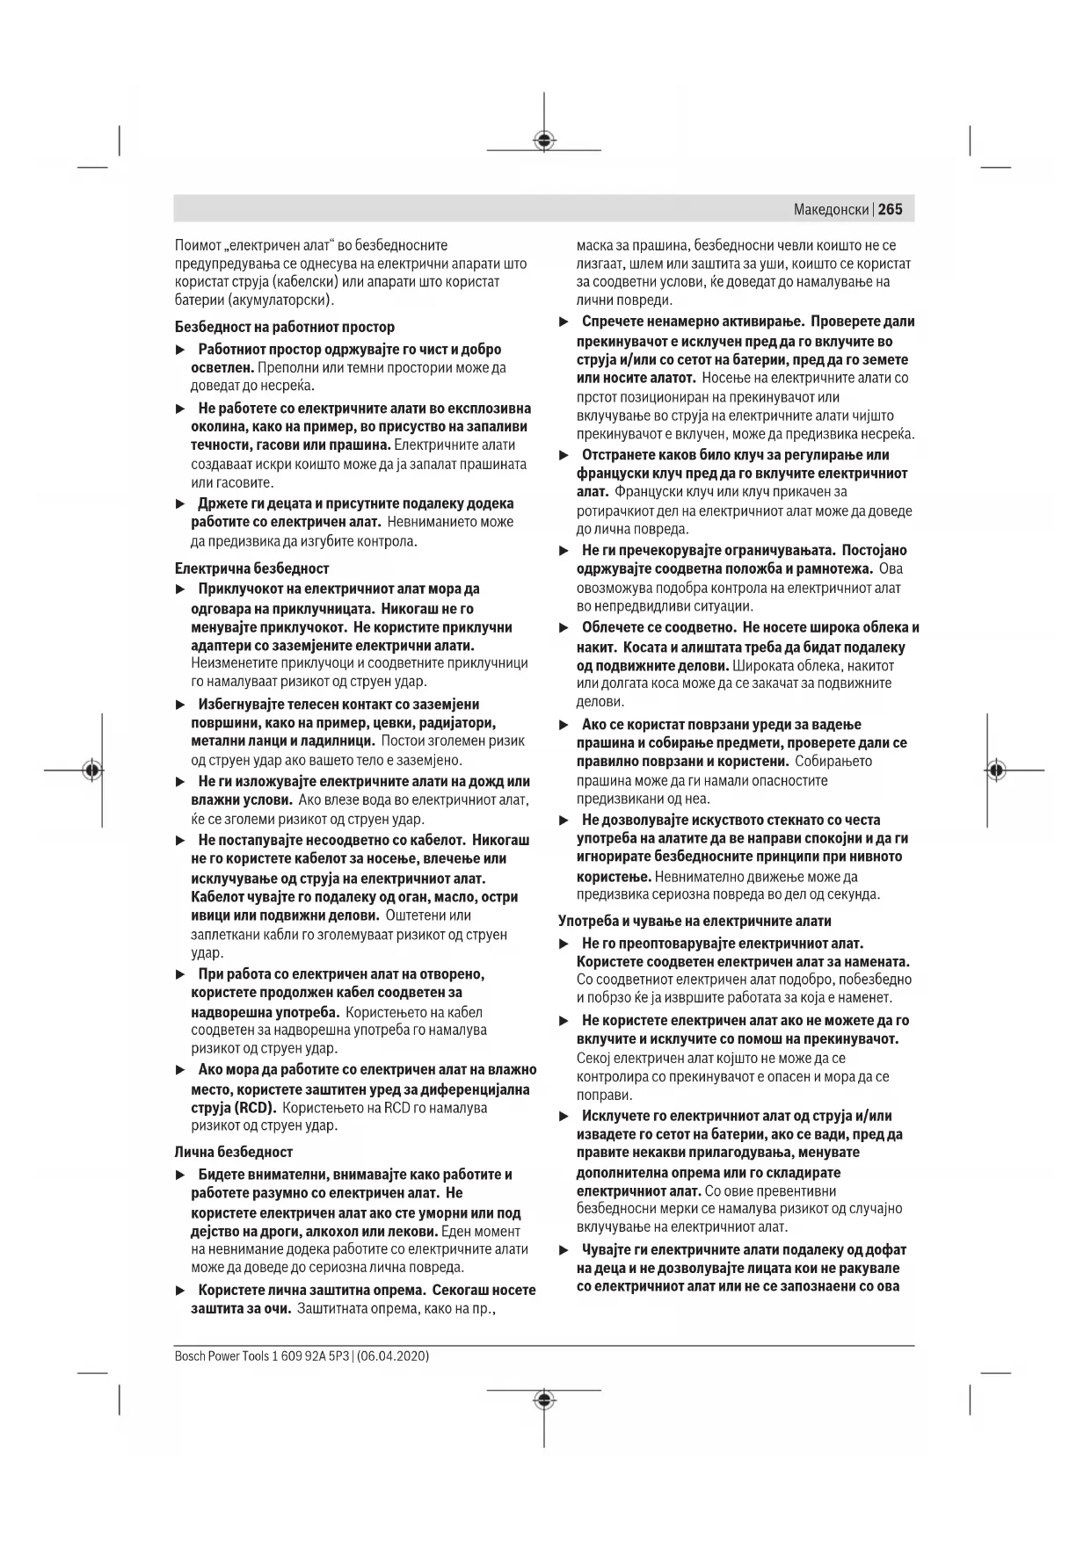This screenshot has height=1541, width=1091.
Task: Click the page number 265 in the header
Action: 890,210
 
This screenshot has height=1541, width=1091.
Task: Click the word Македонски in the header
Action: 831,210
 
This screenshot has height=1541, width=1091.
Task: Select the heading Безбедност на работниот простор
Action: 285,327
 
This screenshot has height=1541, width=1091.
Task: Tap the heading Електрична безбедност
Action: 252,568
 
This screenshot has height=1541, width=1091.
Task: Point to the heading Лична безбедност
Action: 234,1152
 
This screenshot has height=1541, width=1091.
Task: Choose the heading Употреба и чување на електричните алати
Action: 695,921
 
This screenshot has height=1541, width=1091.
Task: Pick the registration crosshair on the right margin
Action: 995,770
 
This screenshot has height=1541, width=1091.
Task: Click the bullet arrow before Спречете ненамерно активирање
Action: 565,322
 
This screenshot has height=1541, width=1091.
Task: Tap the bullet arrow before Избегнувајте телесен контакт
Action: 180,705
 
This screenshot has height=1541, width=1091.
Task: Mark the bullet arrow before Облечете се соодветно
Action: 565,628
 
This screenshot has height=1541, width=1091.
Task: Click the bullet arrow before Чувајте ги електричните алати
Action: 565,1250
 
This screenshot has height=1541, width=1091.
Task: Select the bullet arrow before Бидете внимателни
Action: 180,1175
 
